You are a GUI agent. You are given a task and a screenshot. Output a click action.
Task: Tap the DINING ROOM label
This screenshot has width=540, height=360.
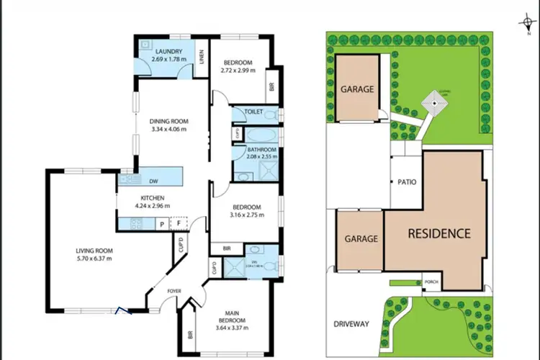[x=169, y=121]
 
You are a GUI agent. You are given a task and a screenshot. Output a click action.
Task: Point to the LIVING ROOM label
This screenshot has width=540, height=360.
[x=94, y=251]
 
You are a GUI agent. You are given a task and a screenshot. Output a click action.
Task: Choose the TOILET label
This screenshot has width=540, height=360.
[x=254, y=112]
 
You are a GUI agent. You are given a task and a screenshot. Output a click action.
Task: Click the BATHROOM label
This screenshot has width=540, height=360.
[x=257, y=149]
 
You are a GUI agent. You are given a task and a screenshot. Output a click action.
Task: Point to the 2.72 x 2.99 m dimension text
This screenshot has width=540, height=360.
[x=238, y=69]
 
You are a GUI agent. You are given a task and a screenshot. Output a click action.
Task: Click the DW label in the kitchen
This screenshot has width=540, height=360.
[x=153, y=181]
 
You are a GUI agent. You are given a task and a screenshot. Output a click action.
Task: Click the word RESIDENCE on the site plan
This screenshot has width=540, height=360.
[x=439, y=233]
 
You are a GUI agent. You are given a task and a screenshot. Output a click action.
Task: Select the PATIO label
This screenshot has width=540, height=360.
[x=406, y=182]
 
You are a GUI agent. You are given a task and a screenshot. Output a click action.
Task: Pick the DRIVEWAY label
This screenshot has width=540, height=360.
[x=352, y=324]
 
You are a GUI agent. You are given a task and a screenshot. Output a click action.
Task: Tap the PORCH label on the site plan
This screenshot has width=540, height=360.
[x=432, y=282]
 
